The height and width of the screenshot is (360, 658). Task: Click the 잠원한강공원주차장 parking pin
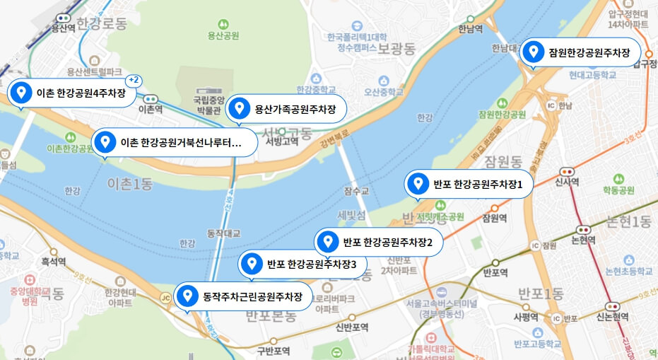(580, 52)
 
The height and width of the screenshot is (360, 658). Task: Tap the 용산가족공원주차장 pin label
(286, 109)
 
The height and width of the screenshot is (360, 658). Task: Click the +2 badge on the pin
(134, 80)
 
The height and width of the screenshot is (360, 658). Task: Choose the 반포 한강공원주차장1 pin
(468, 185)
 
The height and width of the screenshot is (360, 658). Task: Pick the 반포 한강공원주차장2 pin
(378, 242)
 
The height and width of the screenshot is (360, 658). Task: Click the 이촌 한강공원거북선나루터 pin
(170, 142)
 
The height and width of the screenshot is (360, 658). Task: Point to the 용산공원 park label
(223, 35)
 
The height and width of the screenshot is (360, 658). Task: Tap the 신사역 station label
(567, 182)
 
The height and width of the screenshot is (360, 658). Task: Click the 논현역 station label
(583, 239)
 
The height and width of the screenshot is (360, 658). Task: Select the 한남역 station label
(470, 29)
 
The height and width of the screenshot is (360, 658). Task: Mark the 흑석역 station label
(53, 261)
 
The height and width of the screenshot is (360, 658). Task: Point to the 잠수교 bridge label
(356, 190)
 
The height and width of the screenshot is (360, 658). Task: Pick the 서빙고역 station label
(282, 141)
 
